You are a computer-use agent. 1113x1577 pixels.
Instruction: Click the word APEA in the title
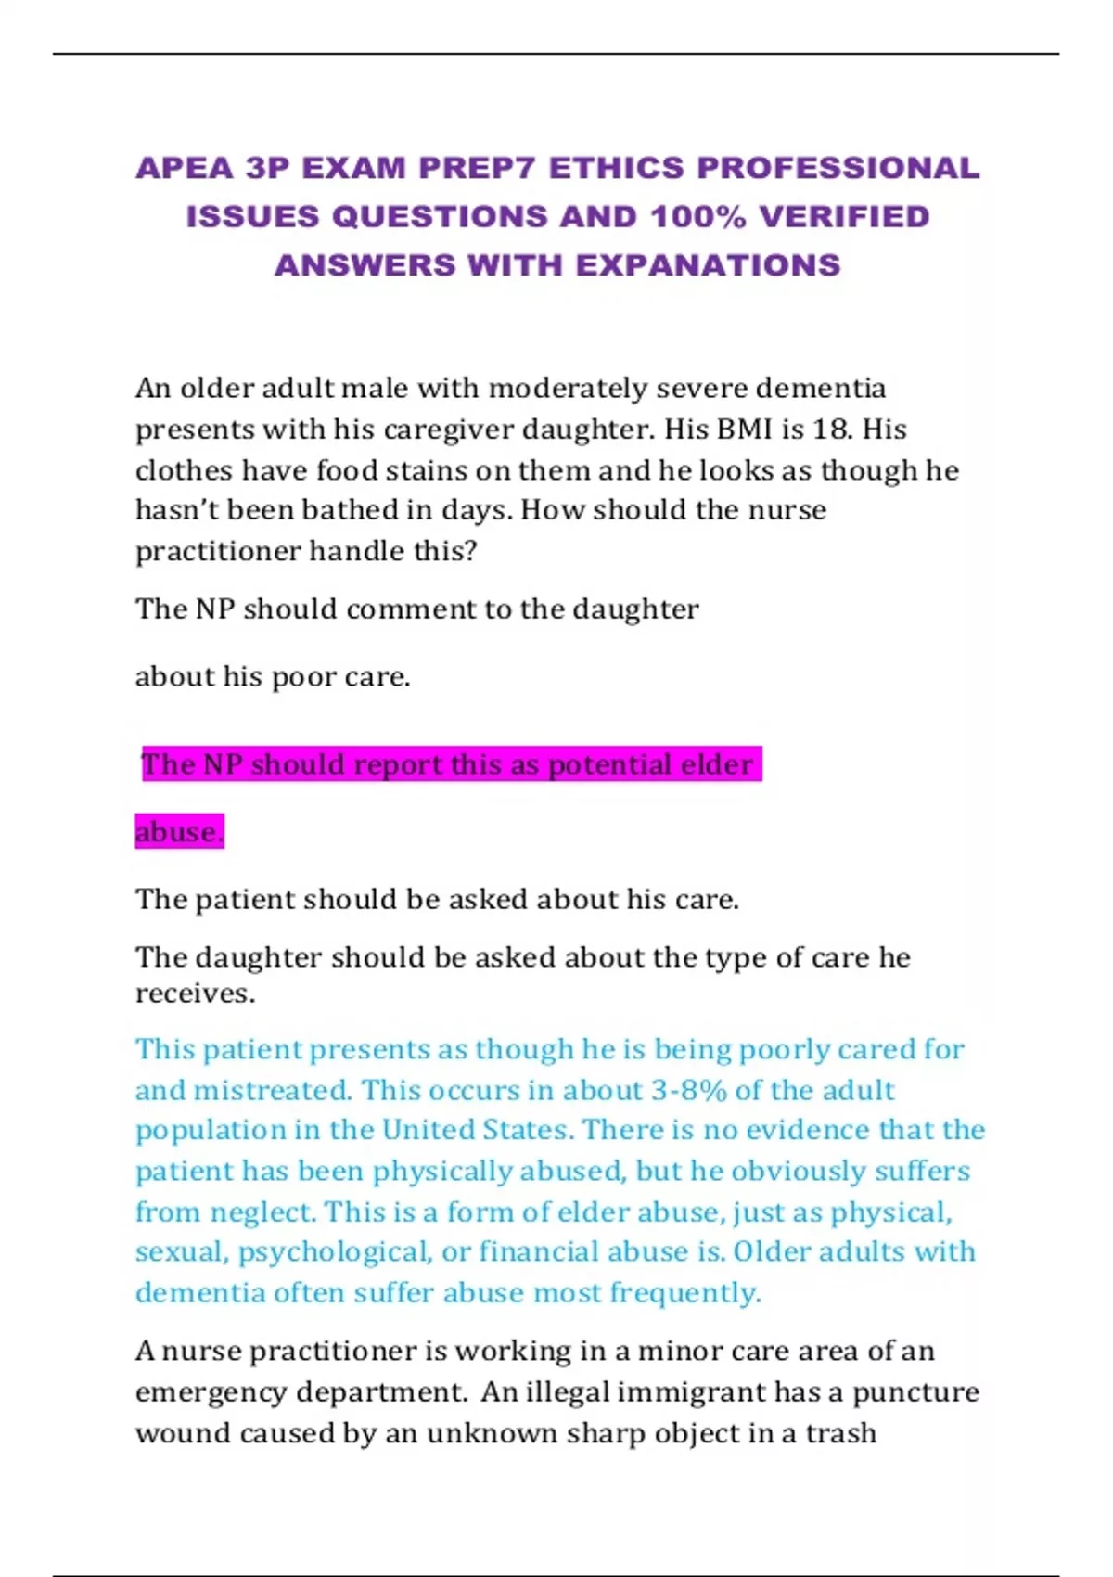[185, 168]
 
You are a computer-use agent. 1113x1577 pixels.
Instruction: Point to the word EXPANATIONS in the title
[708, 265]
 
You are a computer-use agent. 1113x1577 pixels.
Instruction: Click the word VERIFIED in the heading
[844, 217]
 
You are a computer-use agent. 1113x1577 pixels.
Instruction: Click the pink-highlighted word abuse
[178, 832]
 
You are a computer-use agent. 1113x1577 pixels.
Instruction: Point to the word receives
[195, 994]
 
